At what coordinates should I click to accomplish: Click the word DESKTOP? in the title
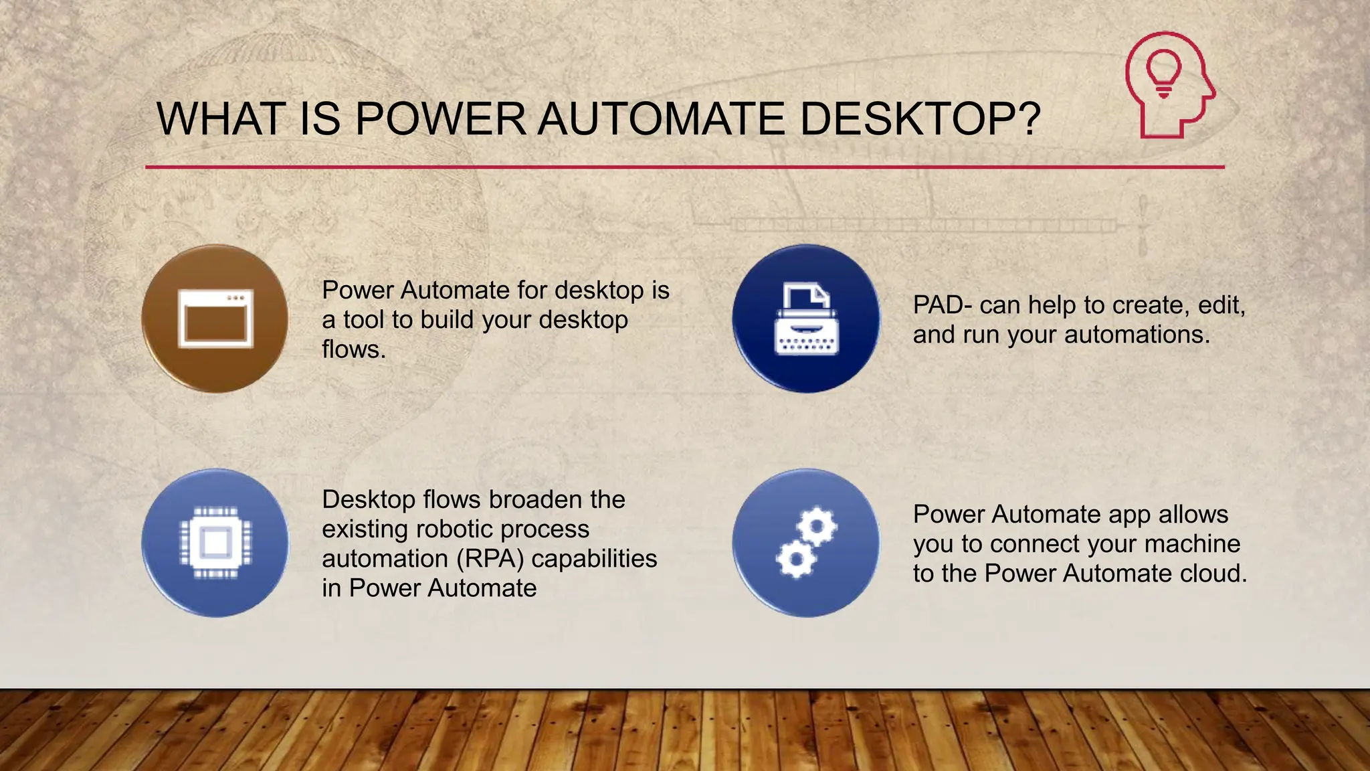tap(920, 119)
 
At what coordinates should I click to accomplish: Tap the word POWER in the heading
tap(440, 119)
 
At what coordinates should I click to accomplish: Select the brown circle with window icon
tap(215, 319)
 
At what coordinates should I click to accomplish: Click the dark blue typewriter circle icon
tap(806, 319)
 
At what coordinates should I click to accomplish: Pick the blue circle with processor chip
tap(215, 543)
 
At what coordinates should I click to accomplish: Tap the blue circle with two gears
tap(806, 543)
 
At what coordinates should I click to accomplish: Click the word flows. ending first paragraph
tap(354, 349)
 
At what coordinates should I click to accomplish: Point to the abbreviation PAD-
tap(943, 305)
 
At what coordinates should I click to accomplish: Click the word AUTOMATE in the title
tap(661, 119)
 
